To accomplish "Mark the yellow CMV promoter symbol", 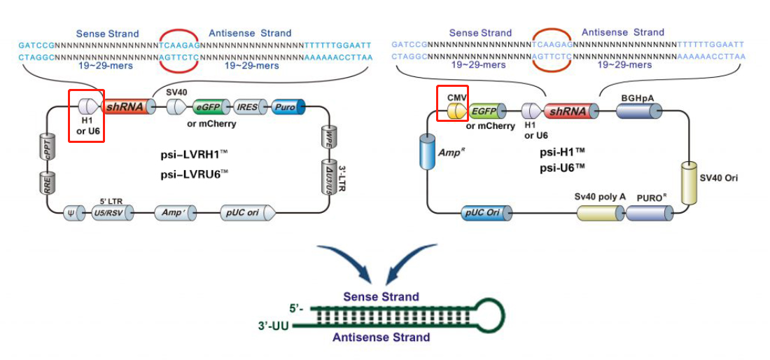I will point(456,111).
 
